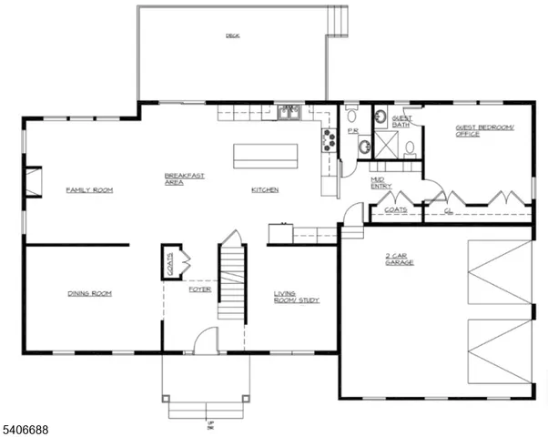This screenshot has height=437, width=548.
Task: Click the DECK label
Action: coord(233,36)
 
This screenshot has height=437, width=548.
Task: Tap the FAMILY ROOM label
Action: coord(88,189)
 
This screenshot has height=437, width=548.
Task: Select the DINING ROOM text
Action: coord(88,293)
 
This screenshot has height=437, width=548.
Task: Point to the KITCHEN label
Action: coord(265,189)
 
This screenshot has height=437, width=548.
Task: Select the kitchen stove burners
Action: coord(326,139)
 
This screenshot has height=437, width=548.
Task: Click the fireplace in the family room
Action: coord(33,181)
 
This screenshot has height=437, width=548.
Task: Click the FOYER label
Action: coord(199,290)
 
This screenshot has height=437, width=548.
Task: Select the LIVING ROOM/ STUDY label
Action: coord(297,297)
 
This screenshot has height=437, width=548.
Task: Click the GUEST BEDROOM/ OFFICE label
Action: coord(479,131)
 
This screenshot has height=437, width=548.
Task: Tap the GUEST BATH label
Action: coord(401,122)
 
